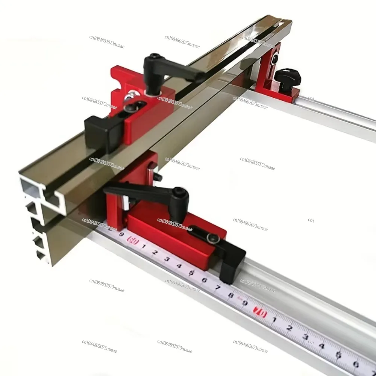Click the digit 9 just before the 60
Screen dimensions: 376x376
121,234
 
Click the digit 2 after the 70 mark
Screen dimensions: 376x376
290,327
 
